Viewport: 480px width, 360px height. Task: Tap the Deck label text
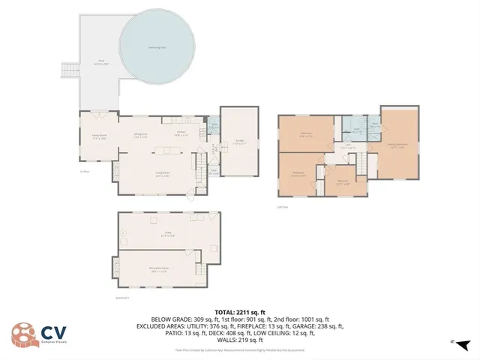pyautogui.click(x=100, y=62)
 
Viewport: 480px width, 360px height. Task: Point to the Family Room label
pyautogui.click(x=96, y=136)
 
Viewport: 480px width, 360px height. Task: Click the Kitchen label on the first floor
pyautogui.click(x=181, y=133)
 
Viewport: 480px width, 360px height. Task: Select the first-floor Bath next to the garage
pyautogui.click(x=214, y=127)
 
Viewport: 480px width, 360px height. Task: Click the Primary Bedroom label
pyautogui.click(x=397, y=145)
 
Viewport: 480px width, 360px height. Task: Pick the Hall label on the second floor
pyautogui.click(x=348, y=147)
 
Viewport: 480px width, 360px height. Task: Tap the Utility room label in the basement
pyautogui.click(x=169, y=233)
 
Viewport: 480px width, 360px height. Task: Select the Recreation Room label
pyautogui.click(x=160, y=271)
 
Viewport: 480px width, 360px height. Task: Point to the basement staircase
pyautogui.click(x=199, y=270)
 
